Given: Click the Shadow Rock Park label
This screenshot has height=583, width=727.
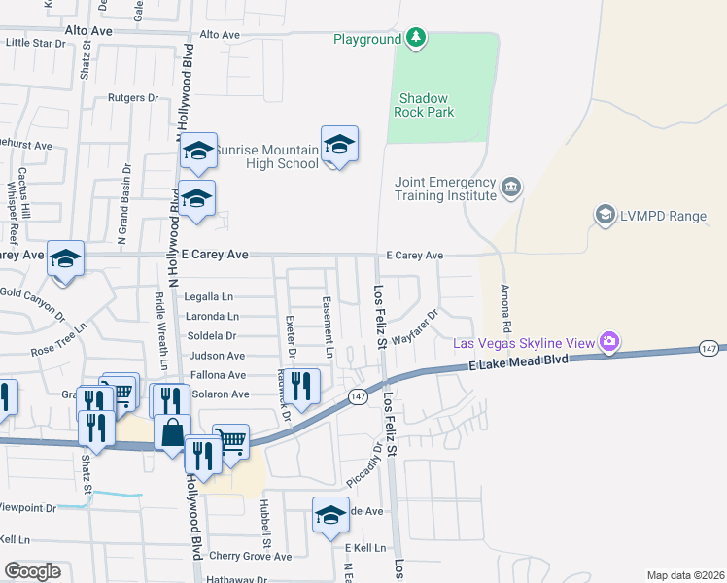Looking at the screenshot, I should pyautogui.click(x=424, y=105).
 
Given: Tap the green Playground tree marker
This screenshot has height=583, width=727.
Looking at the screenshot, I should pyautogui.click(x=416, y=38).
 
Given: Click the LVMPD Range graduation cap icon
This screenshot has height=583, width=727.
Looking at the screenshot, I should pyautogui.click(x=605, y=214).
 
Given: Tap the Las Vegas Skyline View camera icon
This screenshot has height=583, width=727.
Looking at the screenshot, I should pyautogui.click(x=609, y=341).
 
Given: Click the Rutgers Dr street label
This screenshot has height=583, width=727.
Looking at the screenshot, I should pyautogui.click(x=133, y=98).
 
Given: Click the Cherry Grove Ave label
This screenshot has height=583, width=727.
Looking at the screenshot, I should pyautogui.click(x=243, y=557).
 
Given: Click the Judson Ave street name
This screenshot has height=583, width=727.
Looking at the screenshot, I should pyautogui.click(x=218, y=357).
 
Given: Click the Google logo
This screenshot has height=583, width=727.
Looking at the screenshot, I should pyautogui.click(x=32, y=571).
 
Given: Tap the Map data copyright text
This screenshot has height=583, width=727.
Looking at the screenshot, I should pyautogui.click(x=686, y=575).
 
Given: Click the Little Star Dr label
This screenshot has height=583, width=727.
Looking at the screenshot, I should pyautogui.click(x=35, y=43).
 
